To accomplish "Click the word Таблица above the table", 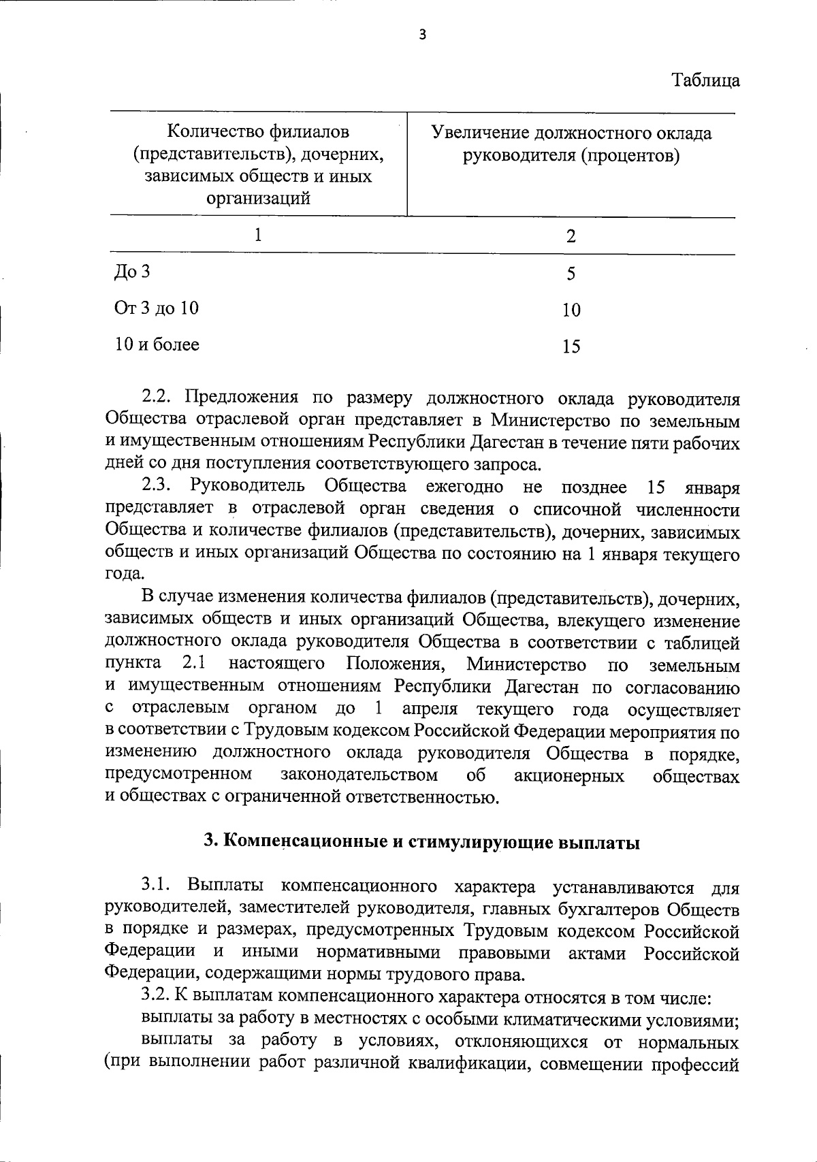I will tap(706, 80).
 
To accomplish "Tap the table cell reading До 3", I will tap(132, 272).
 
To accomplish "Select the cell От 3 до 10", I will tap(157, 308).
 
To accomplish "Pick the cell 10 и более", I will tap(157, 344).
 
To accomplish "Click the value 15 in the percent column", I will tap(571, 346).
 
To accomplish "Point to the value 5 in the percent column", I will tap(571, 274).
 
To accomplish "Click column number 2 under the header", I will tap(571, 236).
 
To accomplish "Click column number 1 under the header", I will tap(258, 235).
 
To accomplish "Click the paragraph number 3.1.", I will tap(159, 887).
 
